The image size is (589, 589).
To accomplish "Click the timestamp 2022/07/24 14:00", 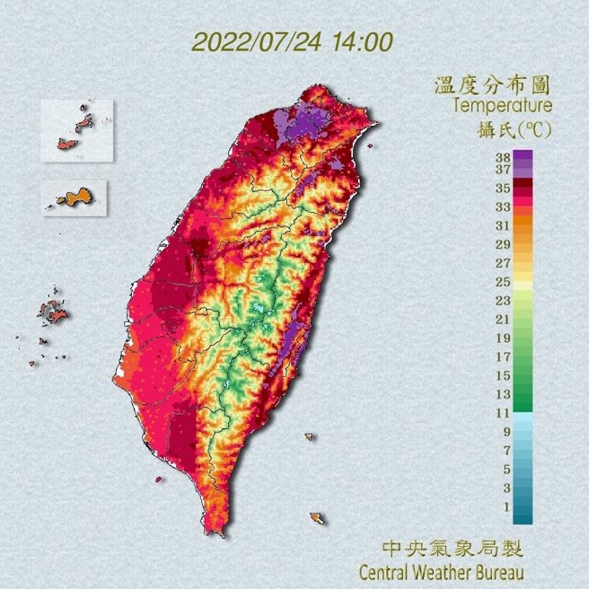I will click(292, 42).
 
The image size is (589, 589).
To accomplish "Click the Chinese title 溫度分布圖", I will click(491, 86).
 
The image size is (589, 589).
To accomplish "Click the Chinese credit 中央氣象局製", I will click(452, 549).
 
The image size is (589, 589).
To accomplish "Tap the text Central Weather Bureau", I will click(440, 571).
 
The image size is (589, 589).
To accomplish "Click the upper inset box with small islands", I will click(76, 130).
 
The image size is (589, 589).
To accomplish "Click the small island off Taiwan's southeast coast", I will click(316, 518).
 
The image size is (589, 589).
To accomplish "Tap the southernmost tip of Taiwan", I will click(214, 531).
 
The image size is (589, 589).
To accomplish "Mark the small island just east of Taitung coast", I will click(309, 437).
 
